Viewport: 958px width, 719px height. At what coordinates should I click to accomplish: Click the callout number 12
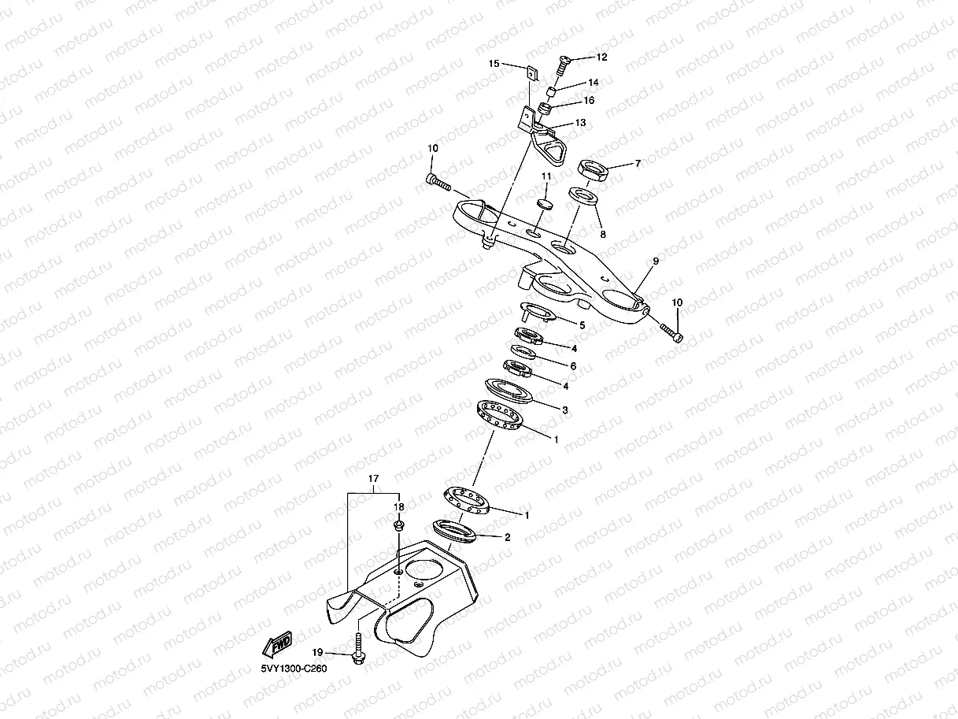602,57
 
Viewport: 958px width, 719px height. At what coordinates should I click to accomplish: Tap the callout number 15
494,63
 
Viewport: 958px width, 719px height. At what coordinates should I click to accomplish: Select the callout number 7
638,164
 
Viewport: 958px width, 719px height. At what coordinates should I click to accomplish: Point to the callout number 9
655,261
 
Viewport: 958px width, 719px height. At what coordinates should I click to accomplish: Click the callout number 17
374,478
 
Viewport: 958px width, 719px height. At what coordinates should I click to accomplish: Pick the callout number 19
317,652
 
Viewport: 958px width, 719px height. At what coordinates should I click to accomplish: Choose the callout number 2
507,538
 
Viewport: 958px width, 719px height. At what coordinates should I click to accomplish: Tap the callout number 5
582,324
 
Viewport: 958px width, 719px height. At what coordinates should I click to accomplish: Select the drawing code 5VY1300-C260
294,668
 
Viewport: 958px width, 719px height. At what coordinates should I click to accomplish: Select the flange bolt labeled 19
359,650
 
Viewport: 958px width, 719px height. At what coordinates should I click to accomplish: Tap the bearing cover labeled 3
509,389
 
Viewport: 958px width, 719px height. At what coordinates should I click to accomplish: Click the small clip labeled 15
531,72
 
